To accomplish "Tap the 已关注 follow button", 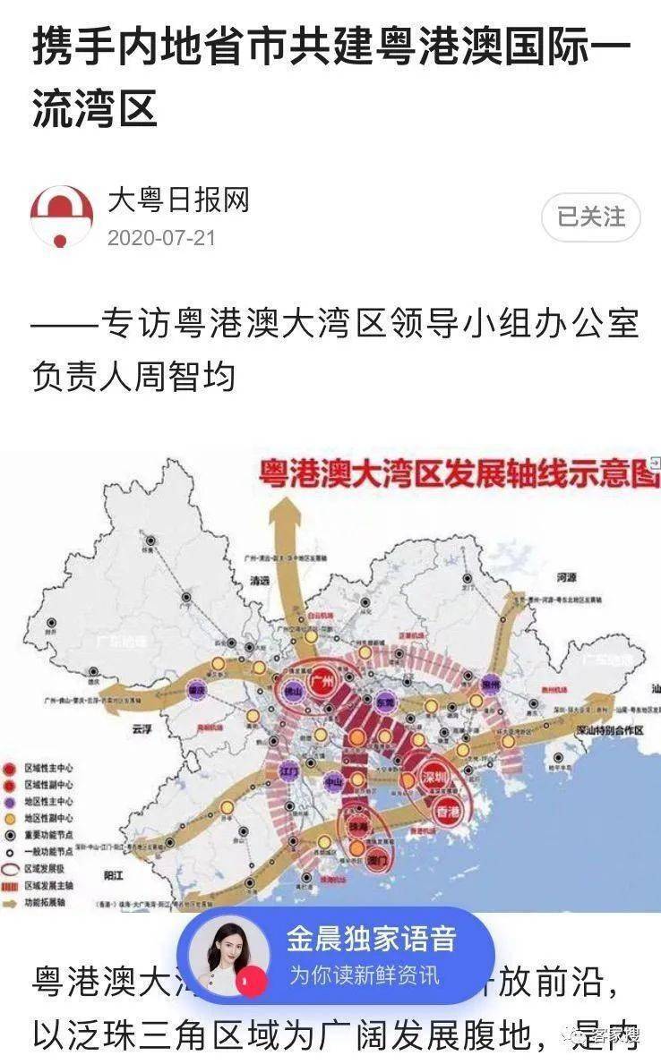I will (x=591, y=217).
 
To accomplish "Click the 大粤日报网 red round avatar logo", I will (x=62, y=217).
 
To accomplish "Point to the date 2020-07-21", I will (x=161, y=239).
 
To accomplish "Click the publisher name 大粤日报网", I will (x=178, y=200).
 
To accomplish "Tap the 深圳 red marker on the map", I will (x=434, y=778).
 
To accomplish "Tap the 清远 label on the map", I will (x=259, y=579).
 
